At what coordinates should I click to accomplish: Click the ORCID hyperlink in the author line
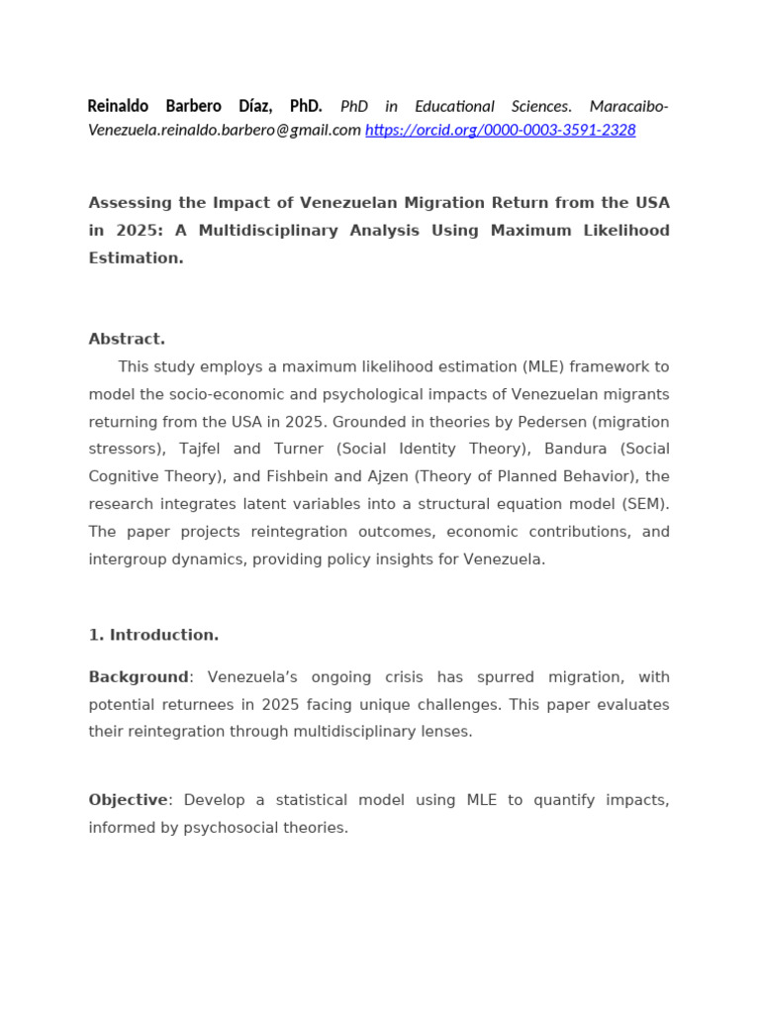coord(500,130)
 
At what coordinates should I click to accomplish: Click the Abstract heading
coord(127,339)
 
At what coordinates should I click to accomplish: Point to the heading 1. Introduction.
coord(153,635)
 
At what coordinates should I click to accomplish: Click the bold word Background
coord(138,677)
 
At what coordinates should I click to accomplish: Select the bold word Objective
coord(128,800)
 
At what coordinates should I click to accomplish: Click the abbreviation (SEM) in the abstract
coord(646,504)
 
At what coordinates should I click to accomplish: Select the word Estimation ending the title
coord(136,258)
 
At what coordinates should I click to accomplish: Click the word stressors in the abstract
coord(126,450)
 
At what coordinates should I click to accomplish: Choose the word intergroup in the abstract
coord(128,559)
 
